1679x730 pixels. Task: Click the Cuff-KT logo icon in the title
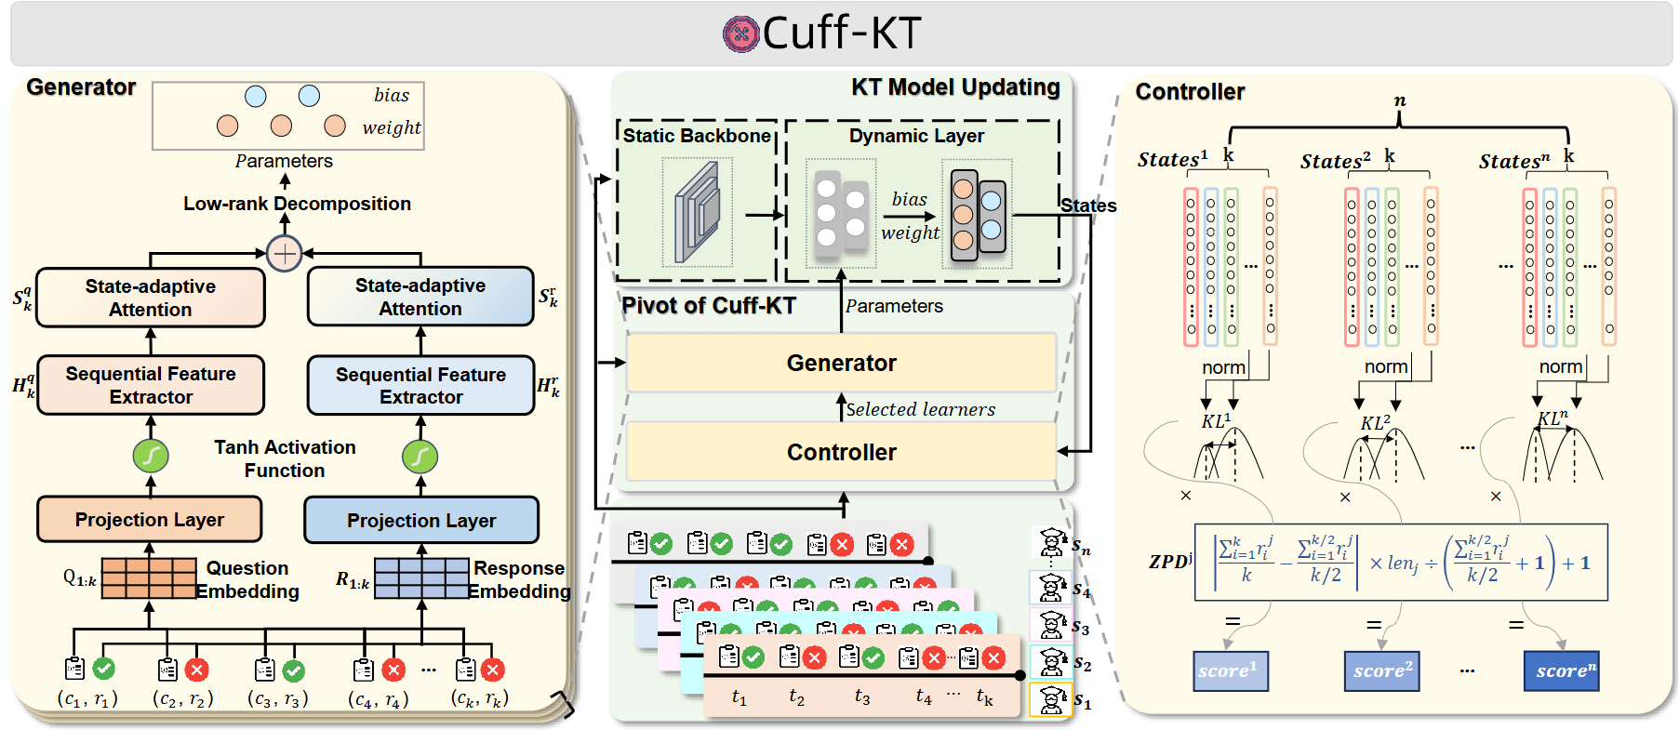740,34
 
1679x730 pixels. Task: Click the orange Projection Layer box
149,519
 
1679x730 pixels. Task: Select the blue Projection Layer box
421,520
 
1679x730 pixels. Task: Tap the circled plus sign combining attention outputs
284,253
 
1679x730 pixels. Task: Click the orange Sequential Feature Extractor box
151,385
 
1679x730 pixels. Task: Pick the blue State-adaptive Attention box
420,297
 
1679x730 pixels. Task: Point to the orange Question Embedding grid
149,577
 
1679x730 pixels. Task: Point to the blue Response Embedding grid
421,578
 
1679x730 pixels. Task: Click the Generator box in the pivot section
841,363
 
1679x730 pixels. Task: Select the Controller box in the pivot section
841,452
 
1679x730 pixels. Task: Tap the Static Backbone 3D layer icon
698,211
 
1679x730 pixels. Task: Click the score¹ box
1230,670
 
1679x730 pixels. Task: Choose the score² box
1381,670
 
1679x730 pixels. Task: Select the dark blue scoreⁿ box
1561,670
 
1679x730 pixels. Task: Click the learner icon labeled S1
1052,700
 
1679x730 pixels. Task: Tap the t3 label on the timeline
862,697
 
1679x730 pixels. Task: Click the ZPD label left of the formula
1169,562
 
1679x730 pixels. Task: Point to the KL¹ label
1215,421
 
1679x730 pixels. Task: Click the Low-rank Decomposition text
297,204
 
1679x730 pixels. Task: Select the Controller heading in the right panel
1190,92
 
